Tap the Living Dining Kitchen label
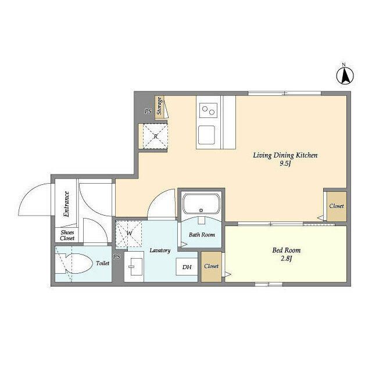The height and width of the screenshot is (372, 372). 285,155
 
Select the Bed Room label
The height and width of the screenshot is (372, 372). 287,251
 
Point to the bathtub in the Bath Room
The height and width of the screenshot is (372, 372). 201,204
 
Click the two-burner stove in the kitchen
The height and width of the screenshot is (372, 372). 208,110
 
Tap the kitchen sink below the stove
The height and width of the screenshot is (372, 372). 207,135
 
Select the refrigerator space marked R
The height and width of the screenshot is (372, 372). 155,136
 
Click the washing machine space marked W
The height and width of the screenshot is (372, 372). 128,234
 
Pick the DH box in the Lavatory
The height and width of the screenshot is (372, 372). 187,267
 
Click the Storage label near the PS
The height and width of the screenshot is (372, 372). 160,106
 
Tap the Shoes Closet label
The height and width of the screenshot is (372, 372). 67,235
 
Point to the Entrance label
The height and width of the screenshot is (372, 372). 67,204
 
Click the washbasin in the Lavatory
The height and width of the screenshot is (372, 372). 134,267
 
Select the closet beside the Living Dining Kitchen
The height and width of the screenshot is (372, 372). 337,206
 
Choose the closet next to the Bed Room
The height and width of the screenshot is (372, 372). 212,266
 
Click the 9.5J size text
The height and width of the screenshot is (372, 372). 285,163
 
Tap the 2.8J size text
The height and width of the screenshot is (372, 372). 287,258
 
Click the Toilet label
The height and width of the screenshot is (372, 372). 103,263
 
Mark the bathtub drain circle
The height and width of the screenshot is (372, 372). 201,210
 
